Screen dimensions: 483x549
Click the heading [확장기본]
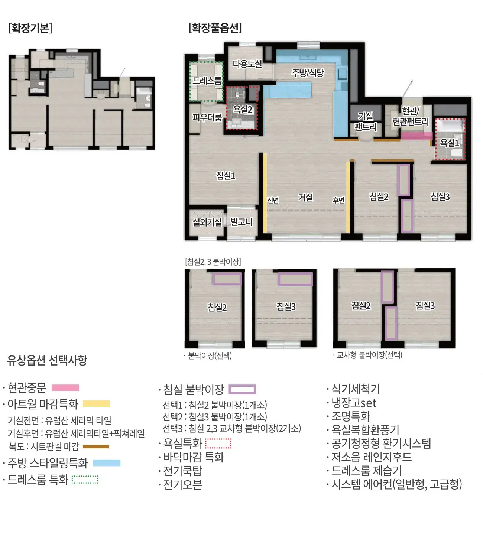[x=30, y=28]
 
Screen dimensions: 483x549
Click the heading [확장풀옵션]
[x=215, y=28]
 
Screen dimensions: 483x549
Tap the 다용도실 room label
[x=247, y=64]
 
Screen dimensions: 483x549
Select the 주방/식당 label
[x=308, y=73]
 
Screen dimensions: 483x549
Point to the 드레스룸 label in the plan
[x=207, y=81]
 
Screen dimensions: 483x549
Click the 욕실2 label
[x=242, y=110]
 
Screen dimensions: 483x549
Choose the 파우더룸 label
[x=207, y=117]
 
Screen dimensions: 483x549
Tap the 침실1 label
[x=226, y=176]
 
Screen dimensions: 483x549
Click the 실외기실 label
[x=207, y=222]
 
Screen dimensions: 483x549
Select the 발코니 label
[x=241, y=222]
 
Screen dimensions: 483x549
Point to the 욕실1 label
[x=449, y=143]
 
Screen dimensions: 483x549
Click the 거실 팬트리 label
[x=365, y=121]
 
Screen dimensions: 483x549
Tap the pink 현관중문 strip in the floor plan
[x=416, y=136]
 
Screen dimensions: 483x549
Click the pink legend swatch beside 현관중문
[x=65, y=388]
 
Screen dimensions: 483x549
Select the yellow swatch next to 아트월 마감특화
[x=96, y=404]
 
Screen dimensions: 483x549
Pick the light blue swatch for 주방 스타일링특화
[x=107, y=463]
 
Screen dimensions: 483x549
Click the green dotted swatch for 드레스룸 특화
[x=85, y=480]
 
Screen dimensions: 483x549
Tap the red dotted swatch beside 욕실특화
[x=218, y=444]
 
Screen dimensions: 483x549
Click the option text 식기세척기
[x=356, y=389]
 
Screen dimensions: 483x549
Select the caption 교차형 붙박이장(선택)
[x=369, y=355]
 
